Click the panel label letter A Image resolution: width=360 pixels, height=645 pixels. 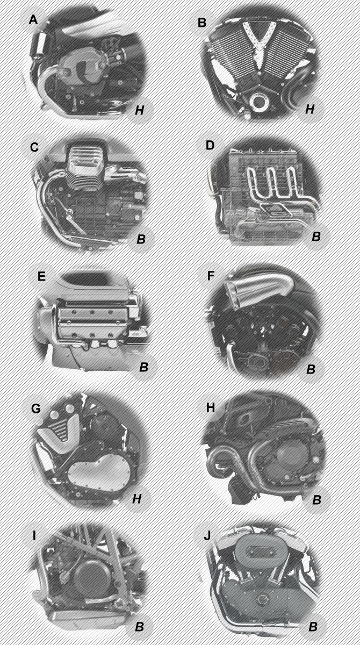pos(33,20)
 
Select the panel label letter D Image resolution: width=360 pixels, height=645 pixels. pos(210,146)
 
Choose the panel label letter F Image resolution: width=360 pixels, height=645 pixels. pos(210,277)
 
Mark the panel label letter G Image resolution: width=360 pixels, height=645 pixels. pos(36,408)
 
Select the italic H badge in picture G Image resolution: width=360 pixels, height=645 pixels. pos(137,499)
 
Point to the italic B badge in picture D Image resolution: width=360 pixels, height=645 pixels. pos(316,236)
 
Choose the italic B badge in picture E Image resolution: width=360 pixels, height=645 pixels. pos(143,368)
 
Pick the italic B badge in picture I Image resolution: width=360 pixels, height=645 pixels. pos(139,627)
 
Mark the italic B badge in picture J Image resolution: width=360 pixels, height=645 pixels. pos(313,627)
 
